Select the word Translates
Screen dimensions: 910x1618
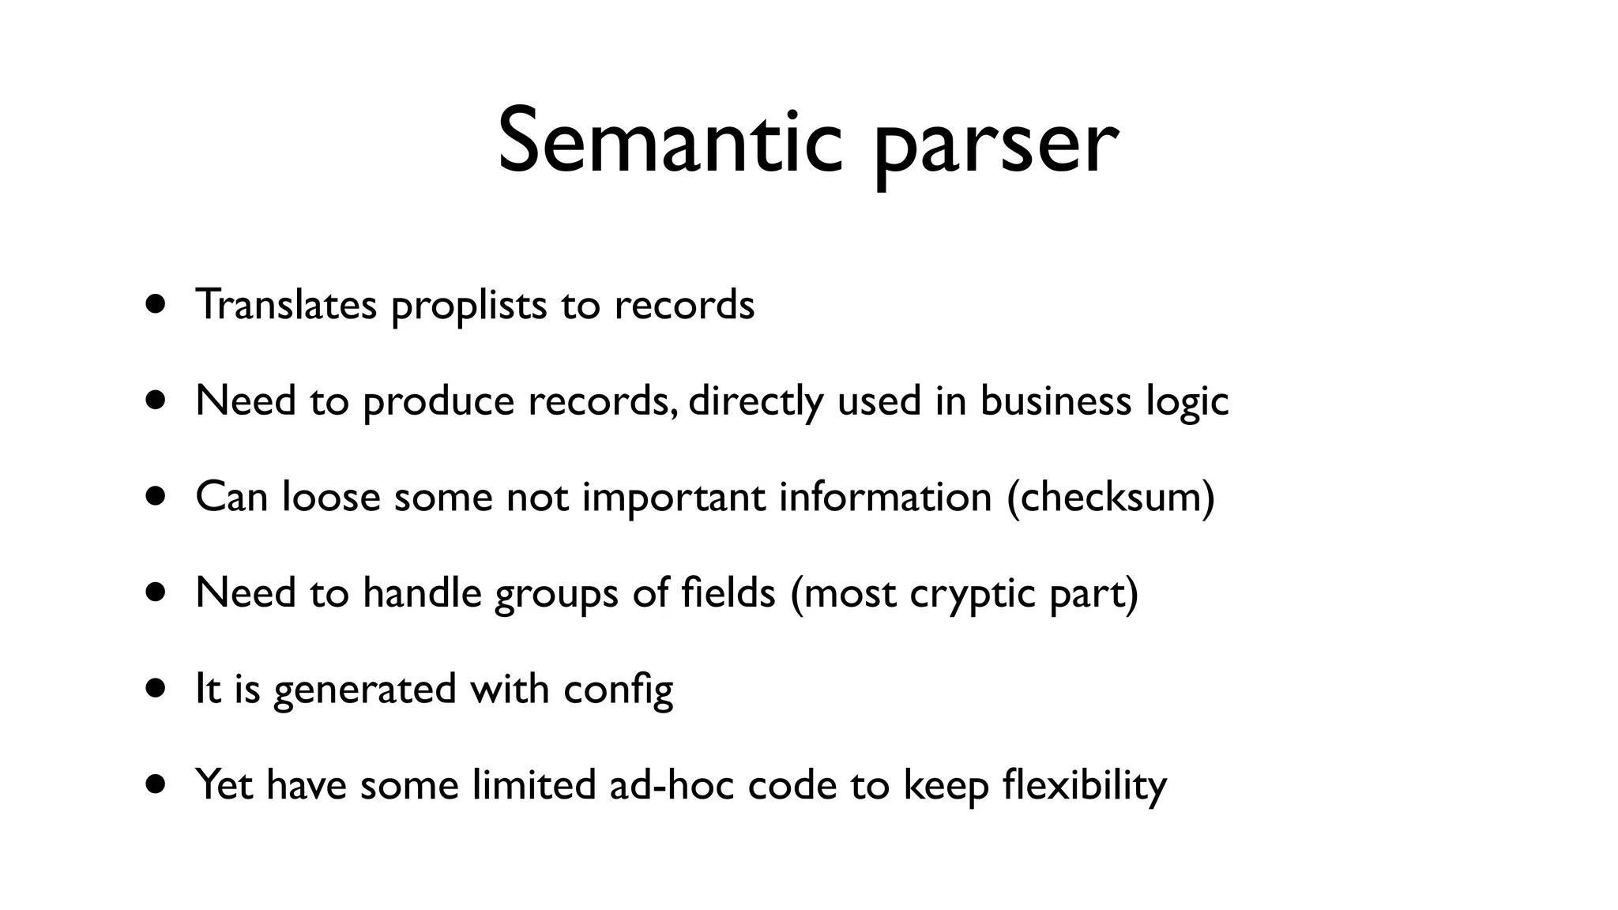286,305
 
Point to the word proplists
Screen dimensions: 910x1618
468,308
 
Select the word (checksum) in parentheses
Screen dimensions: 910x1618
1111,498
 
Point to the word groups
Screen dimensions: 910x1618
556,595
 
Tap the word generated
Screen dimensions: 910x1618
365,690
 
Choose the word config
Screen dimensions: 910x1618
618,690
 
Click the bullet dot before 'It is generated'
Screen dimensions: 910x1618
156,688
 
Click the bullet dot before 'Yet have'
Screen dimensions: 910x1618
156,784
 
